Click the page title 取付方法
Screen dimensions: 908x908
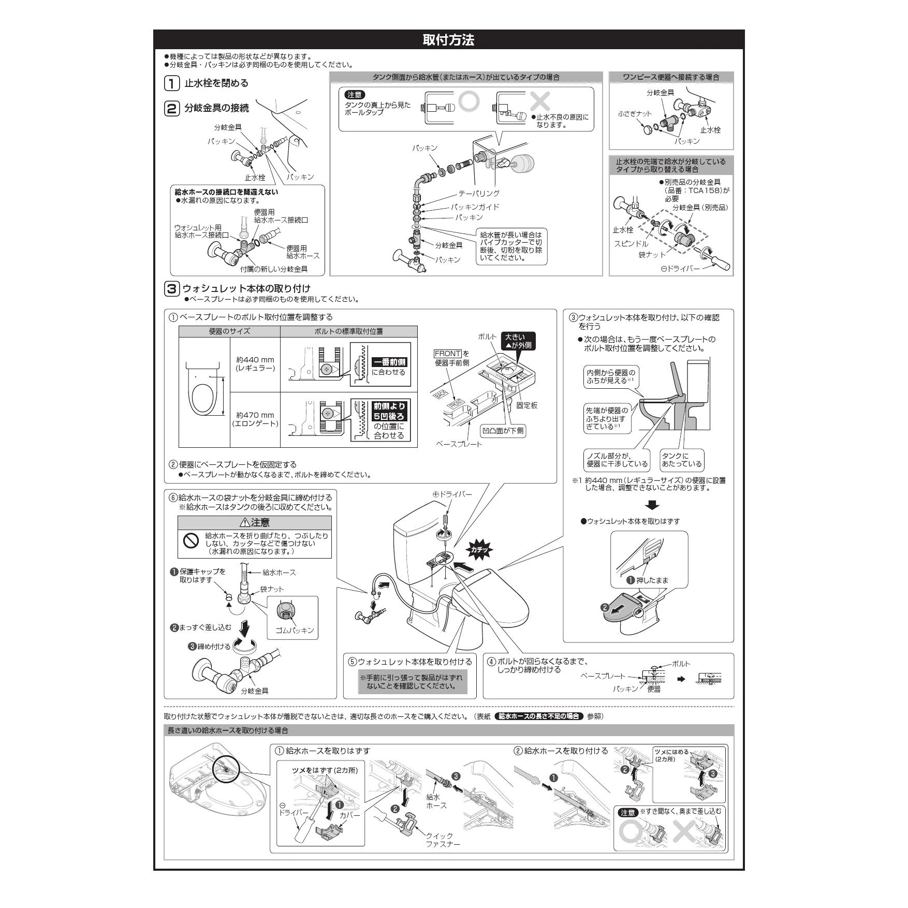(x=448, y=40)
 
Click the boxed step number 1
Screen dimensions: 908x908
(x=171, y=83)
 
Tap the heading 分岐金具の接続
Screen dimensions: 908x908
(x=216, y=108)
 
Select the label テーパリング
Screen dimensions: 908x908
(x=478, y=193)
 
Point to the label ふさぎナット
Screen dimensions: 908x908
(x=635, y=114)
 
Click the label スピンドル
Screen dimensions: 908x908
(x=631, y=243)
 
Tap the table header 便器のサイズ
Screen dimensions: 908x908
(x=229, y=331)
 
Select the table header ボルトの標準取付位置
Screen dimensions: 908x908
(x=348, y=331)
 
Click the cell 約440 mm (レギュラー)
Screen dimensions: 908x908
(x=255, y=364)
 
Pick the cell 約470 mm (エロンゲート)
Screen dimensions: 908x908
(x=255, y=419)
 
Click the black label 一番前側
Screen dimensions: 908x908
(x=389, y=362)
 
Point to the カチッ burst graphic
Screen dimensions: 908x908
(x=479, y=550)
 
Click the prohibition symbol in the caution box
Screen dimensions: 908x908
(x=191, y=541)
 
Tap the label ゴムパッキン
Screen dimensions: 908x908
(x=294, y=630)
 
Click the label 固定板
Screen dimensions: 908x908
(x=526, y=405)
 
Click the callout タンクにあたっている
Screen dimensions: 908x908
(x=682, y=460)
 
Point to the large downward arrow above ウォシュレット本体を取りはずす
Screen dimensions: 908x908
(x=653, y=505)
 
